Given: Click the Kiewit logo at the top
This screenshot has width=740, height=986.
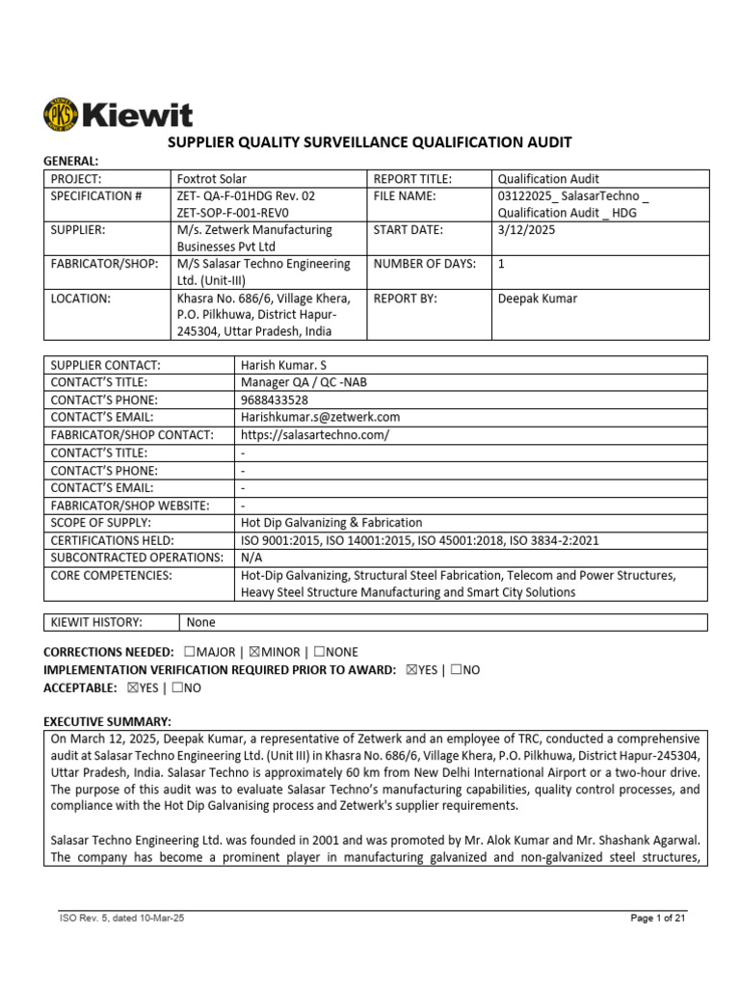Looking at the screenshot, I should click(x=118, y=116).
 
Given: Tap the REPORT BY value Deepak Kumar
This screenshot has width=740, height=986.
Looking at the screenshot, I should click(x=537, y=298).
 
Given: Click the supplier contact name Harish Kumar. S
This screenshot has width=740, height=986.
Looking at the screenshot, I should click(x=290, y=365).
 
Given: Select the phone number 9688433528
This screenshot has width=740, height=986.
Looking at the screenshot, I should click(x=275, y=400).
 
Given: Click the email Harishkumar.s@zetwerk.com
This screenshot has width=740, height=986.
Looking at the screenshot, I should click(x=320, y=417).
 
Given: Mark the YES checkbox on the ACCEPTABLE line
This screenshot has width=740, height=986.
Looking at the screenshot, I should click(x=132, y=688).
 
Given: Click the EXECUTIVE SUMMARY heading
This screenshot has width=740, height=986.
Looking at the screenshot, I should click(x=108, y=722).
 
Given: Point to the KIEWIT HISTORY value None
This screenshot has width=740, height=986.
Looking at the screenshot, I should click(x=201, y=623).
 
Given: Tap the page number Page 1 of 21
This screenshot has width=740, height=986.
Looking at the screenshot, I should click(x=657, y=919).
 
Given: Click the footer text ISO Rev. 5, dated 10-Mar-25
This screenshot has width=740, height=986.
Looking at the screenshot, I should click(x=122, y=919).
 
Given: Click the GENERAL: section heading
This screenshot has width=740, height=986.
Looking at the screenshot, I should click(x=71, y=161).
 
